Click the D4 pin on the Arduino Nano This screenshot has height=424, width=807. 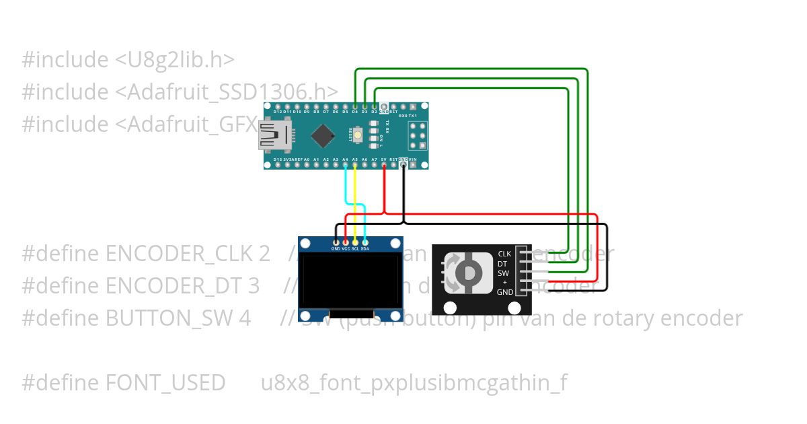point(355,107)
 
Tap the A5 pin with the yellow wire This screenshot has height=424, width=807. point(355,164)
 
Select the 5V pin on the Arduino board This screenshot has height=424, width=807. point(384,164)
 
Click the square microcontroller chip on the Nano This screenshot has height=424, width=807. point(324,136)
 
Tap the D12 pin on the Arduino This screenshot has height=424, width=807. point(277,107)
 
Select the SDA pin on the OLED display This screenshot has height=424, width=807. point(365,242)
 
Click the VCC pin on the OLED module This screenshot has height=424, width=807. point(346,242)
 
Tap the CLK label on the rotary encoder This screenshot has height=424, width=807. point(504,254)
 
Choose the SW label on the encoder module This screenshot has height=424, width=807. point(504,273)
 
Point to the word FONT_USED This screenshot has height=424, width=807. point(165,383)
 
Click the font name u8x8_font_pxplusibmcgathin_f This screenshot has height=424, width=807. point(414,383)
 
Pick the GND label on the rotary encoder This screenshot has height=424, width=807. point(504,292)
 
